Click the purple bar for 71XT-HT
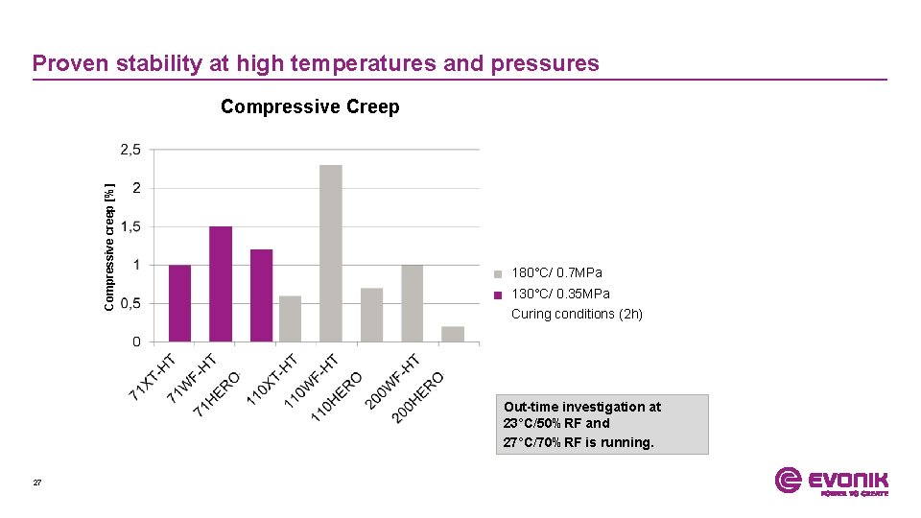point(179,303)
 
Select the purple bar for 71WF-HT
point(221,284)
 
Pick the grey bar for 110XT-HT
point(290,318)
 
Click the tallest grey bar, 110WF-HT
point(331,253)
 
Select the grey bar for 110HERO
point(371,315)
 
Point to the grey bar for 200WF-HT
point(413,303)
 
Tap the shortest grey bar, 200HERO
point(453,334)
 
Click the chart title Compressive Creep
point(310,107)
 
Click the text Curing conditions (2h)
point(577,314)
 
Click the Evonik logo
point(831,481)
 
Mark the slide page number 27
point(37,483)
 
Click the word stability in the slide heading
point(159,63)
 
